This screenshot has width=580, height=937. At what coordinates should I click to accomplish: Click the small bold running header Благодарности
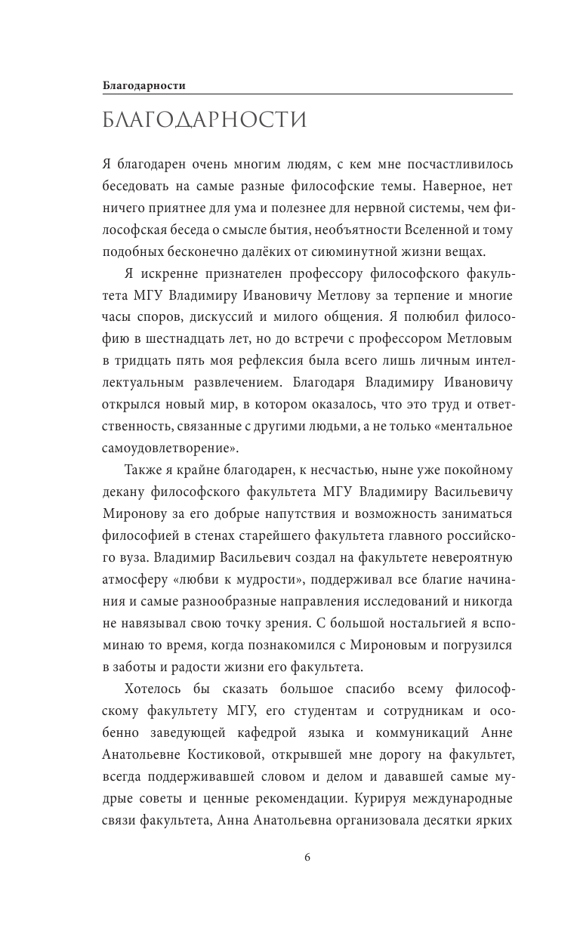tap(144, 85)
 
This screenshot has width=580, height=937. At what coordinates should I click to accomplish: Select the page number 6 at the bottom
tap(307, 857)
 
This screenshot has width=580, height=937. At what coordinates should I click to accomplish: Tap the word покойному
tap(480, 470)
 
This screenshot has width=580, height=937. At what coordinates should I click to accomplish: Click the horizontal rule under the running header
tap(307, 94)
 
